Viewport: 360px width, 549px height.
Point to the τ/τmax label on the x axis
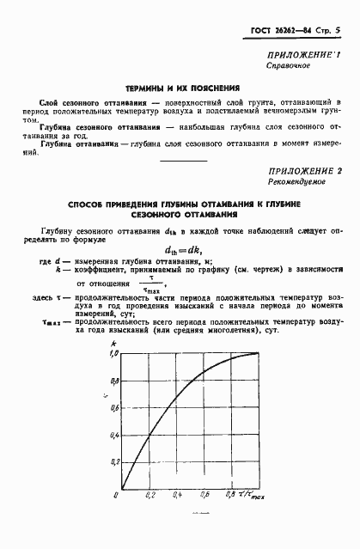coord(254,496)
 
